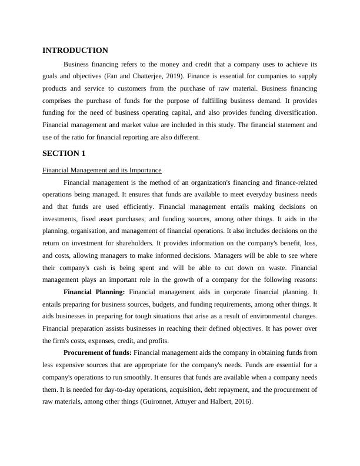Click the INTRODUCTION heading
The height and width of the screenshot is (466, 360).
[75, 51]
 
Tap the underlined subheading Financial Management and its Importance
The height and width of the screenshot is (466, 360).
[102, 170]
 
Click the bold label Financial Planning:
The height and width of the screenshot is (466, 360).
[94, 292]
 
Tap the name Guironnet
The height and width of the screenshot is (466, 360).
[145, 402]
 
